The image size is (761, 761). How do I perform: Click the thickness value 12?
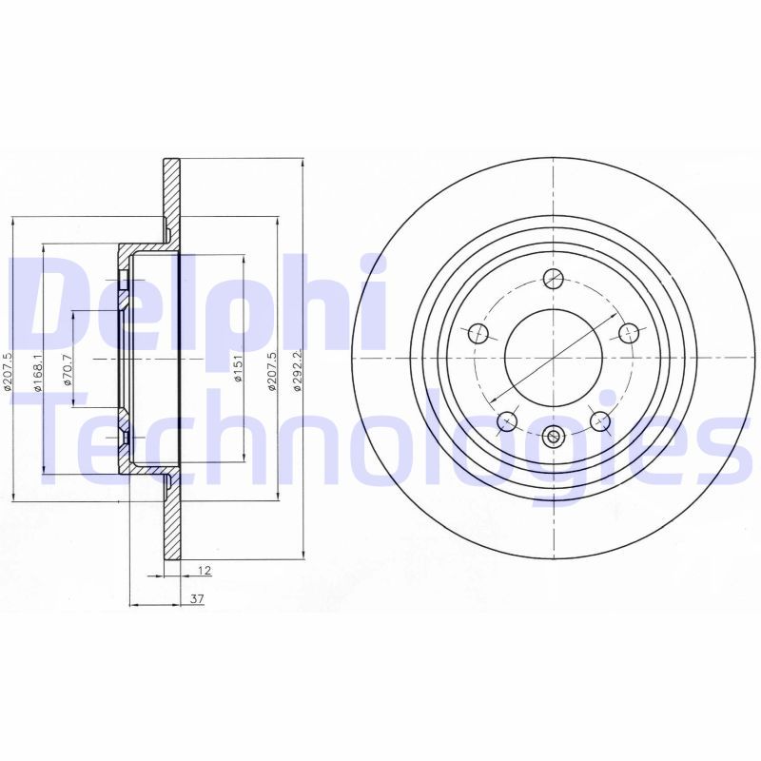click(204, 571)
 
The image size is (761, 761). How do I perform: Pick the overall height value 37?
click(197, 599)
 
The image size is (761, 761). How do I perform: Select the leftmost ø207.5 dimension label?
click(8, 370)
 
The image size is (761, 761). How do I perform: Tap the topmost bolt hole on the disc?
click(553, 279)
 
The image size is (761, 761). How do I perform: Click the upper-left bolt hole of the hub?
click(478, 332)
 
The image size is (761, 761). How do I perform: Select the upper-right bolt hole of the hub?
click(628, 332)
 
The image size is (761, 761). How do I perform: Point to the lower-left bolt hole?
click(507, 420)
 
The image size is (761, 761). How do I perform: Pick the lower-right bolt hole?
click(599, 420)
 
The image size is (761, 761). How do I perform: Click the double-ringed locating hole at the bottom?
click(554, 437)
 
